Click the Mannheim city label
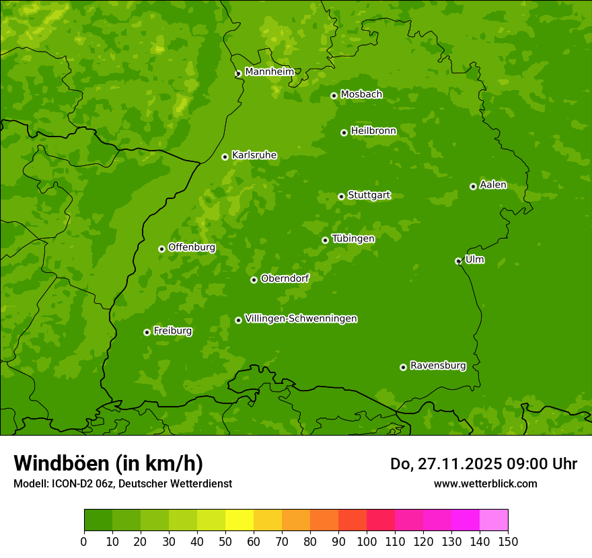(x=269, y=72)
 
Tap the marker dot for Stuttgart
(x=341, y=196)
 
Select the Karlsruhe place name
(x=254, y=155)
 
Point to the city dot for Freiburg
(x=147, y=332)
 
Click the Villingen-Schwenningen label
(x=301, y=319)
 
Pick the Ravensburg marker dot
(x=403, y=367)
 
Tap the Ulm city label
(x=474, y=260)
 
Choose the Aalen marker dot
(x=473, y=186)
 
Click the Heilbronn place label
(x=373, y=131)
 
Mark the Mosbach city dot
(x=334, y=95)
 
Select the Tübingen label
(x=353, y=239)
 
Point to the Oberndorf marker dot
(x=254, y=280)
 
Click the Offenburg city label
(x=192, y=247)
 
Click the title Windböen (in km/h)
(x=108, y=463)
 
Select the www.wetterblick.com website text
(x=485, y=483)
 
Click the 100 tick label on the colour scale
(x=367, y=541)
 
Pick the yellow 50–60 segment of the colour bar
(x=239, y=520)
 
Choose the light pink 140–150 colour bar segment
(x=494, y=520)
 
